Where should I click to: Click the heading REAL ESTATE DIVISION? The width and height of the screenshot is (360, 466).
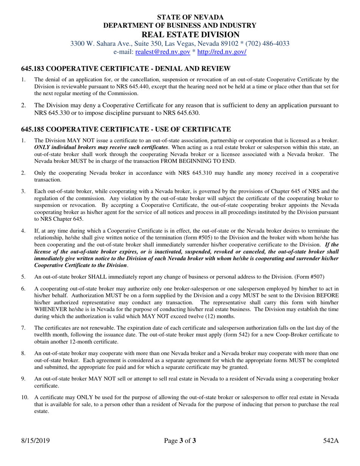[180, 34]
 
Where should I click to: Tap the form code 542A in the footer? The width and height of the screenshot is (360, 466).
[331, 441]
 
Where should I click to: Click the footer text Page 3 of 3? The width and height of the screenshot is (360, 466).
[180, 441]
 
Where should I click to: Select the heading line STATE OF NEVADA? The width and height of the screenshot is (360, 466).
[180, 17]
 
